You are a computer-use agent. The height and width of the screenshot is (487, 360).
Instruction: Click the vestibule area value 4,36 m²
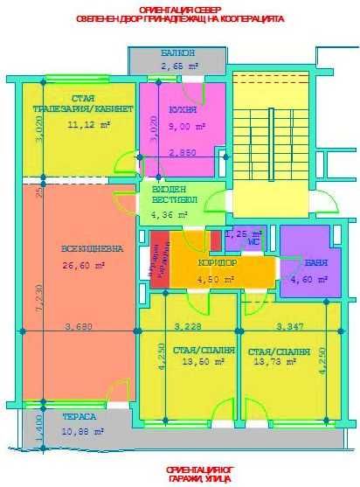[170, 213]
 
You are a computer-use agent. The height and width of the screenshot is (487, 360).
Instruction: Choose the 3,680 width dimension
[79, 327]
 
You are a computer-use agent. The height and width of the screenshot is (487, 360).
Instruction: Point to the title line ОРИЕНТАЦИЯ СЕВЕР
[181, 9]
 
